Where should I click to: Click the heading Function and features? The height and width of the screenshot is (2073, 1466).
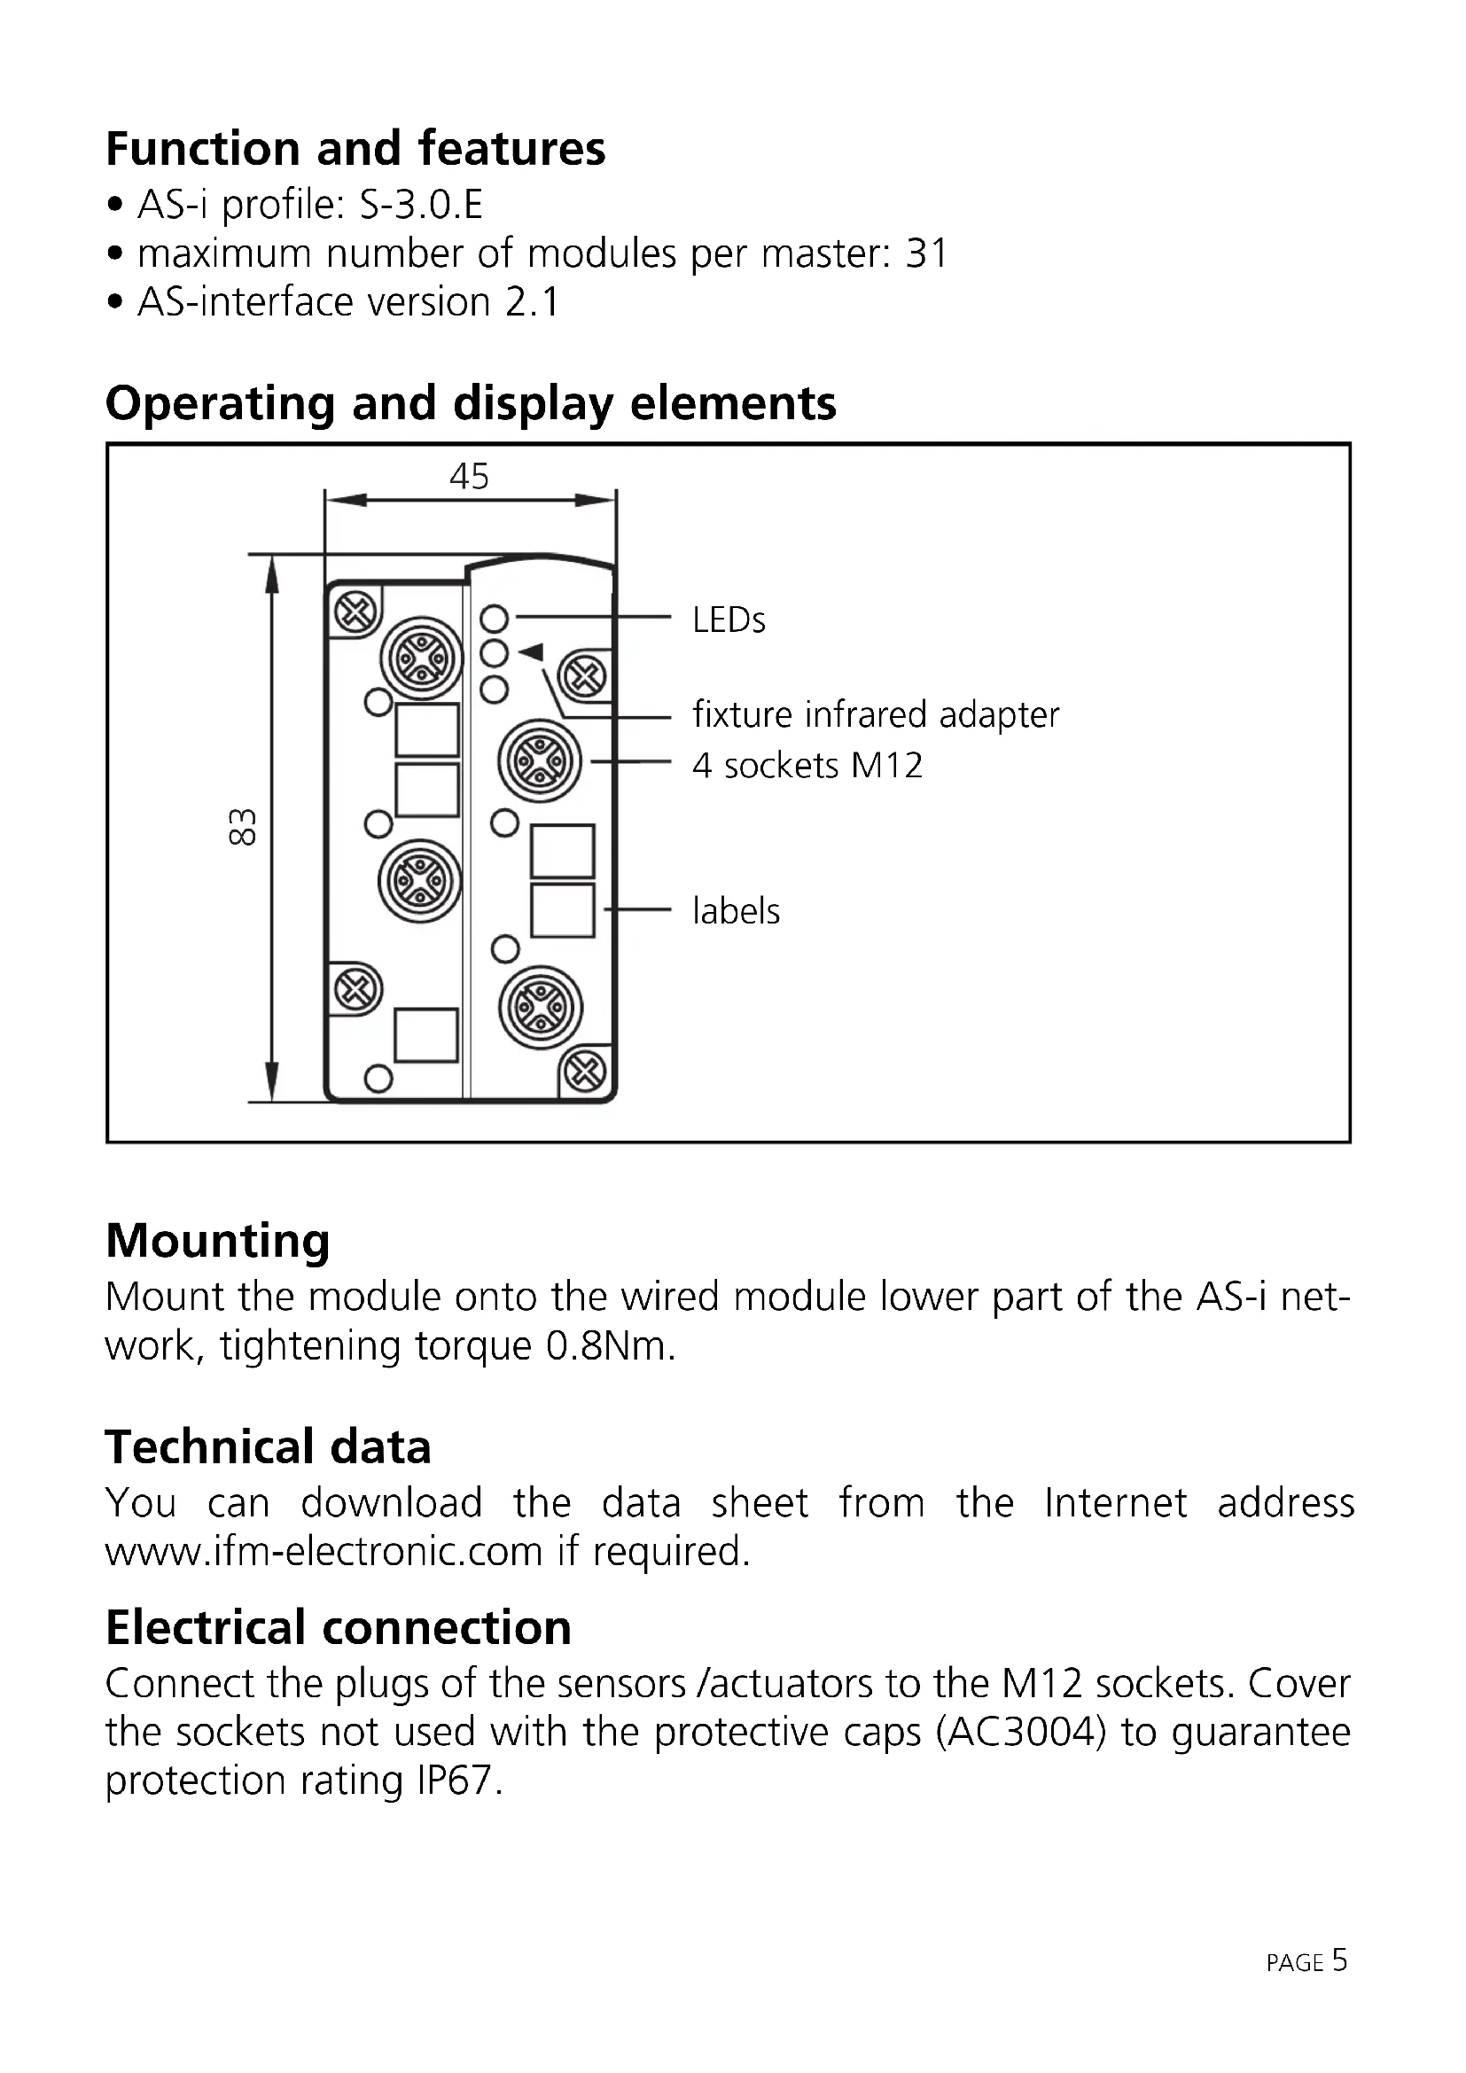355,149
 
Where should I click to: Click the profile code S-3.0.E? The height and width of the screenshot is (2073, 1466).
421,206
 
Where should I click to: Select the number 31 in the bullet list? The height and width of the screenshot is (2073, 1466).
926,254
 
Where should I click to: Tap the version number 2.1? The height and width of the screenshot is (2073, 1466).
533,302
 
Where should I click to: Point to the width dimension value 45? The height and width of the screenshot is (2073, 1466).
469,477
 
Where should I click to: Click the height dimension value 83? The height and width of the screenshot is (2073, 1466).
243,826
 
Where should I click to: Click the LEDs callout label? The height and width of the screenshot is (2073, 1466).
729,621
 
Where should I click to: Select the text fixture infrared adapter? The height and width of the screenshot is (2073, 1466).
875,715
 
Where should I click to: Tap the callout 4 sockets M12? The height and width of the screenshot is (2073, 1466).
807,766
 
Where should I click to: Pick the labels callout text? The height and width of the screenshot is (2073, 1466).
736,911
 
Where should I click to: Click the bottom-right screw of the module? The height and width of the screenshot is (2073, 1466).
584,1072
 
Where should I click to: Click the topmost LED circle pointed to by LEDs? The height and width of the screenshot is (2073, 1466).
494,619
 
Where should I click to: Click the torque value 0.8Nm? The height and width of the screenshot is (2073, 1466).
610,1346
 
